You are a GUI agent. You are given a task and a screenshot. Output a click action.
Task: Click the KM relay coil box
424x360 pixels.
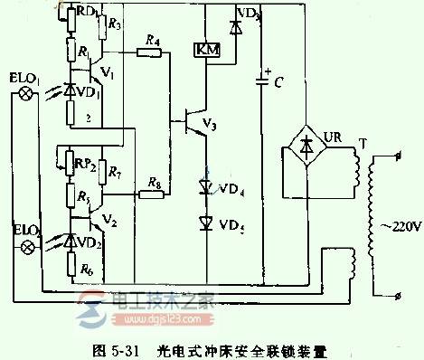tap(203, 50)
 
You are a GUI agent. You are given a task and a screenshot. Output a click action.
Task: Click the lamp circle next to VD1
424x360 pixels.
tap(28, 92)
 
